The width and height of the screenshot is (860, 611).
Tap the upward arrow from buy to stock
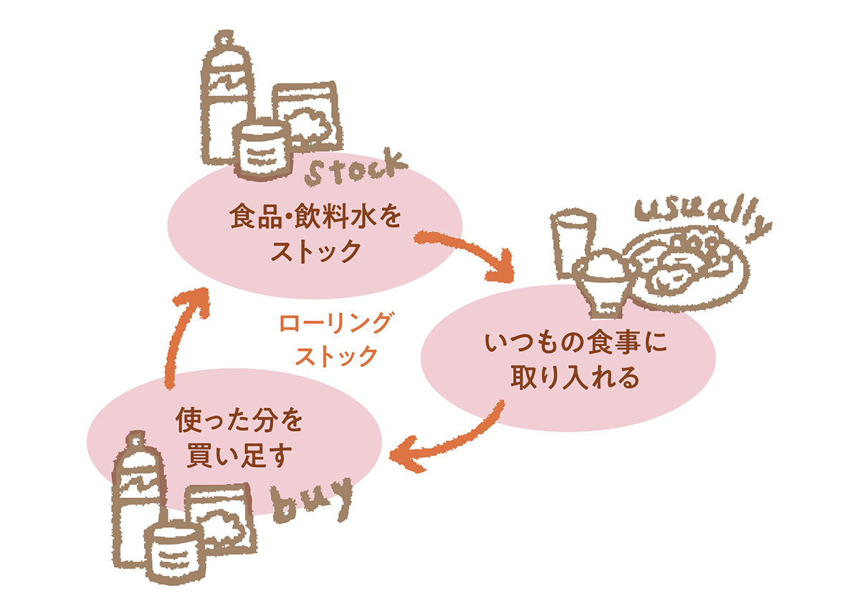[x=182, y=337]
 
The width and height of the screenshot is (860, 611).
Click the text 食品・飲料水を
[x=312, y=216]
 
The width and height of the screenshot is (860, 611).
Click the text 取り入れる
[x=566, y=377]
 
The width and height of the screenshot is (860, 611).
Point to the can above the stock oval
[x=262, y=148]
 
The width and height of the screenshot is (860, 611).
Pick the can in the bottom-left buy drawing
[x=172, y=551]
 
